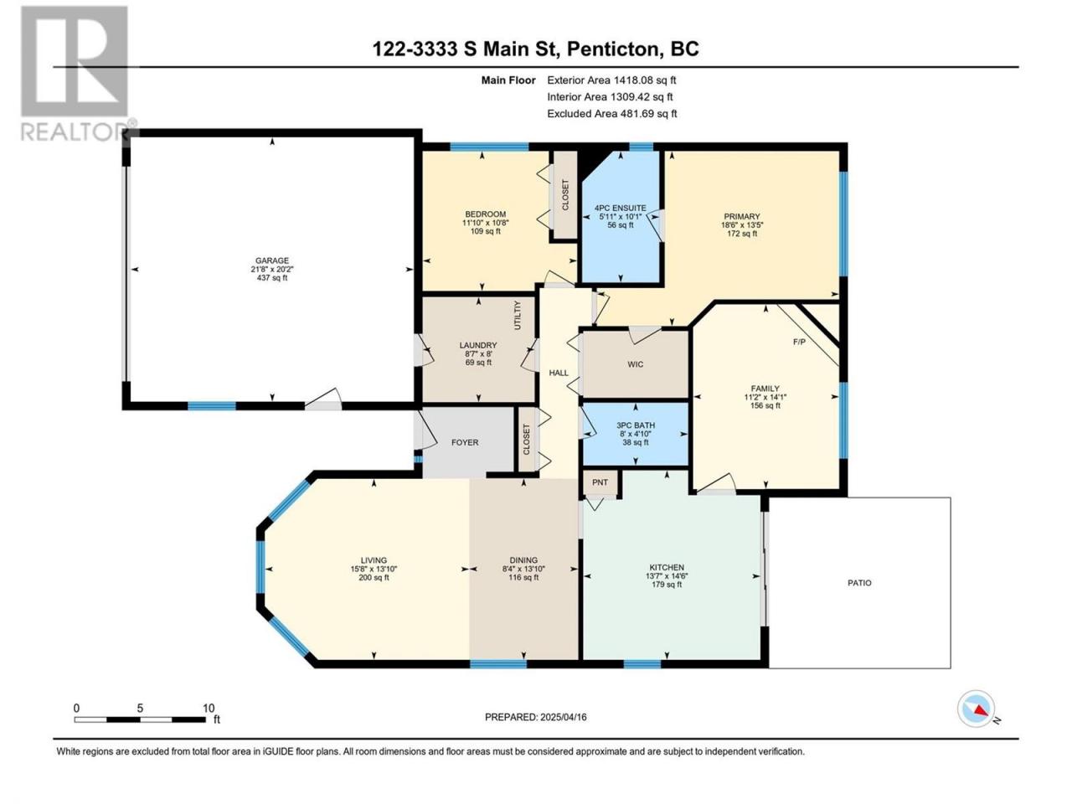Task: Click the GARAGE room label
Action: tap(272, 260)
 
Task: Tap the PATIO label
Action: tap(859, 583)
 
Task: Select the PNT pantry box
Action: tap(600, 482)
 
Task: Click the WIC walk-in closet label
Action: tap(636, 364)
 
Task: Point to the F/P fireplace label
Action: tap(799, 343)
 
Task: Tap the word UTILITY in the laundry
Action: tap(518, 315)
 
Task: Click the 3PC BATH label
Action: tap(636, 425)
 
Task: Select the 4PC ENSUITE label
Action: tap(621, 208)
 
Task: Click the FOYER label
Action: tap(465, 442)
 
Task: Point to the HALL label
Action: tap(559, 373)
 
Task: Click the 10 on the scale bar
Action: tap(209, 709)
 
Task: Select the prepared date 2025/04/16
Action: tap(563, 717)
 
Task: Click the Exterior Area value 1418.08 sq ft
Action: tap(645, 80)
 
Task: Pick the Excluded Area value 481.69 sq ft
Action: tap(648, 114)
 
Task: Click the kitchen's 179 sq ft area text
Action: tap(667, 585)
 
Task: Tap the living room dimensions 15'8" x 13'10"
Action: tap(374, 569)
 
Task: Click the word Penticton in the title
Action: tap(613, 49)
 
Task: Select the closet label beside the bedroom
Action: tap(565, 195)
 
